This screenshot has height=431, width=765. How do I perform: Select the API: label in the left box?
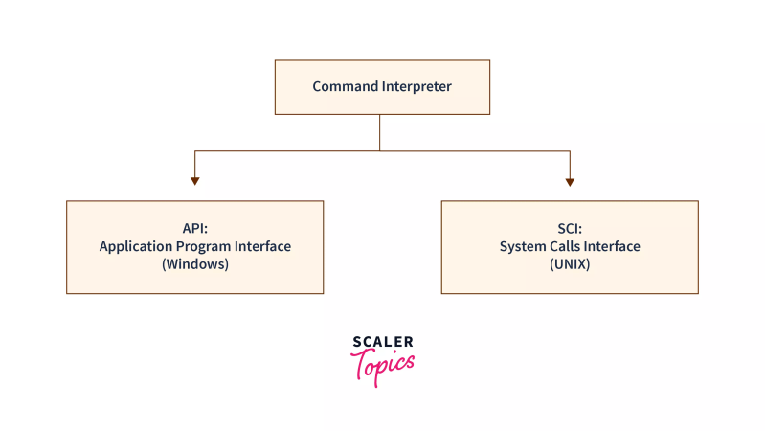[194, 229]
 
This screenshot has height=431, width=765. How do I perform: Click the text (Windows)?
[194, 264]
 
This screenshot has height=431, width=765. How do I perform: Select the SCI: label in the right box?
[569, 229]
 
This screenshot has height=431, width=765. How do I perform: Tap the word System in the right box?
[522, 247]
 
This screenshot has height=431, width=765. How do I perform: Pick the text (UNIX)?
[569, 264]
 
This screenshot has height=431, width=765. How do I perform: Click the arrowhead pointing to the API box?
[195, 180]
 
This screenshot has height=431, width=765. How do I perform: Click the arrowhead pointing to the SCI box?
[570, 180]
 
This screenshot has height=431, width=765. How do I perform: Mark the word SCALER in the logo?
[382, 341]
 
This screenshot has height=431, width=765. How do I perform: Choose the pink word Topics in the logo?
[383, 364]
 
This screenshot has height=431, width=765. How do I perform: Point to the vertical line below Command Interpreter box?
[380, 132]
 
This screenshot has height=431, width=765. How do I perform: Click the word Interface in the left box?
[263, 247]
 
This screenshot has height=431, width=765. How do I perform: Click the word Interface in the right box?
[614, 247]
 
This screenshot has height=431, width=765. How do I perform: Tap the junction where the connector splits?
[380, 150]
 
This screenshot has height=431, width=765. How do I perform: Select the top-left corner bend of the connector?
[195, 150]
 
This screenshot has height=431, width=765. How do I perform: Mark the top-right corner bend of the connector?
[570, 150]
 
